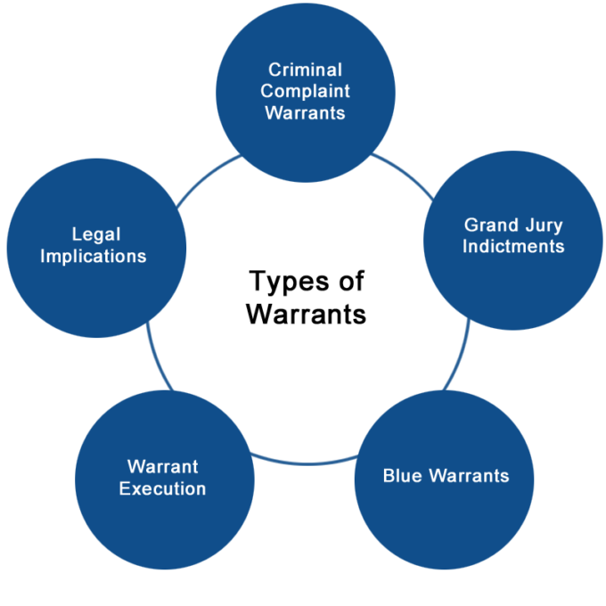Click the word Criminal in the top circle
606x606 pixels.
click(x=306, y=70)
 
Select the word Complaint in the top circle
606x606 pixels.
click(x=306, y=91)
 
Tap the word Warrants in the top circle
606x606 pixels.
click(x=306, y=113)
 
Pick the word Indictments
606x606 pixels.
click(x=513, y=247)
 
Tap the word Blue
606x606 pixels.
click(x=403, y=475)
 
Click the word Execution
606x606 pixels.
click(x=162, y=488)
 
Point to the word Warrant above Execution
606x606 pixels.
click(x=163, y=466)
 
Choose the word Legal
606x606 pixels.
click(x=96, y=235)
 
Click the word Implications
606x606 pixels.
click(x=96, y=257)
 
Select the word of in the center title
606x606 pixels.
click(x=349, y=282)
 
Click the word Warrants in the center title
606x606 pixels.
click(x=306, y=314)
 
